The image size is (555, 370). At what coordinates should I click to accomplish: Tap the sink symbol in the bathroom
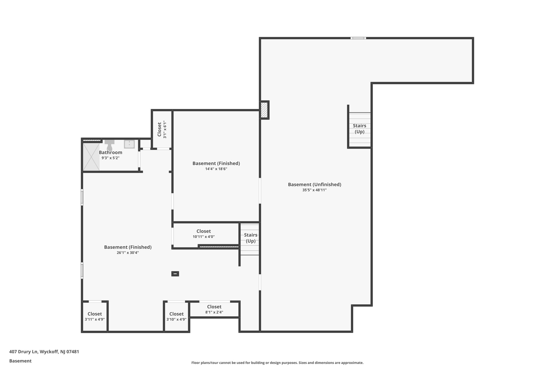pos(129,144)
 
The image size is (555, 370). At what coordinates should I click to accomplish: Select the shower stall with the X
pos(91,157)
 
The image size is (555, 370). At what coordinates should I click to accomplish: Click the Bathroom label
pos(110,152)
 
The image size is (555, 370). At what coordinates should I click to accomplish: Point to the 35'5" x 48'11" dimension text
pos(314,190)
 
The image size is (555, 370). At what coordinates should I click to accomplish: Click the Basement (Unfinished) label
pos(314,184)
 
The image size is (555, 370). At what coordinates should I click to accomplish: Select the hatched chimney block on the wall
pos(264,110)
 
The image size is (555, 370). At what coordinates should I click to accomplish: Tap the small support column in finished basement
pos(175,274)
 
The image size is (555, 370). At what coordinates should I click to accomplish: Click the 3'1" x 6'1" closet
pos(162,129)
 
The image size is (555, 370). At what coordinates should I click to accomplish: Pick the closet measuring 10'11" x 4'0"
pos(204,234)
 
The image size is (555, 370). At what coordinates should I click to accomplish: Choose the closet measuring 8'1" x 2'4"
pos(214,309)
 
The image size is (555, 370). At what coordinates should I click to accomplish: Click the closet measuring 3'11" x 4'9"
pos(95,316)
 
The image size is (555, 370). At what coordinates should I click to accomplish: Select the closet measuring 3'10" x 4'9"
pos(176,316)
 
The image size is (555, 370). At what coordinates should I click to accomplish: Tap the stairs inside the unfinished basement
pos(359,129)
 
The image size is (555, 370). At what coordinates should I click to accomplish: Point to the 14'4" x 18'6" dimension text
pos(216,169)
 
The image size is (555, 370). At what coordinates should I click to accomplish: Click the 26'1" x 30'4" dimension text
pos(128,253)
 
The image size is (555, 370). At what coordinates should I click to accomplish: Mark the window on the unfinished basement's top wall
pos(358,38)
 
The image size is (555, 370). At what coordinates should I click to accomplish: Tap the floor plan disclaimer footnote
pos(277,363)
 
